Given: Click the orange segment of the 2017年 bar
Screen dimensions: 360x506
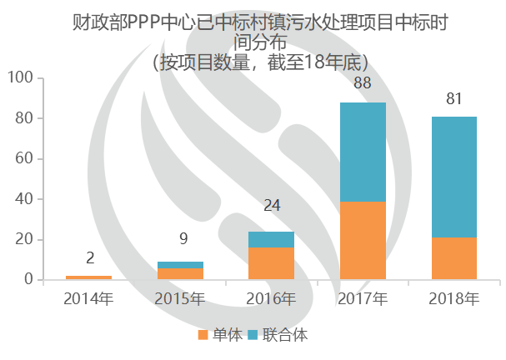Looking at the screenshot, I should (363, 240).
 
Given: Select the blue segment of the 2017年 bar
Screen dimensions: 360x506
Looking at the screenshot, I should (363, 152).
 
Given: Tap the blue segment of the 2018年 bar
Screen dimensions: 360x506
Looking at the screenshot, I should (454, 177).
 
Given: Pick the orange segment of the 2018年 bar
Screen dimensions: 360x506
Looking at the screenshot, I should (454, 258).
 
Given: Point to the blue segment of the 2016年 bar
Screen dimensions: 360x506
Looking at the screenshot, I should (271, 239).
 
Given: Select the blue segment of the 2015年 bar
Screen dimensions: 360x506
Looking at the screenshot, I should (180, 265).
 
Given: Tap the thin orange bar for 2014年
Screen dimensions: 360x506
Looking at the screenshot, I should (88, 277).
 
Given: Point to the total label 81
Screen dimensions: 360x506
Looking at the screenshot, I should (454, 99).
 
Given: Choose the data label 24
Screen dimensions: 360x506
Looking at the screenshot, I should (271, 204).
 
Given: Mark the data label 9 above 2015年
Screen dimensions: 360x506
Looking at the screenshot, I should (184, 239).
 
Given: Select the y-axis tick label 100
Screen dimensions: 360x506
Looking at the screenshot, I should (20, 78).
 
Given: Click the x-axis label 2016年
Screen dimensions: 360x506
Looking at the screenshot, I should (272, 298).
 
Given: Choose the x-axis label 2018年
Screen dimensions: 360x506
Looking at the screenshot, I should (454, 298).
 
